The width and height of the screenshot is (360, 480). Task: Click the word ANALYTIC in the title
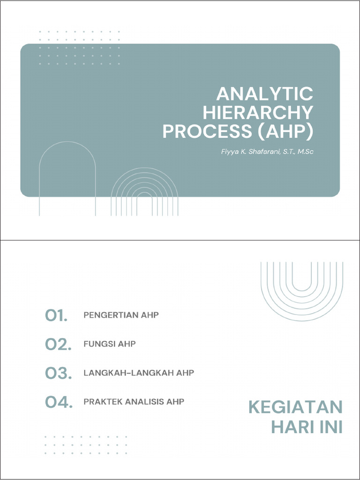click(x=264, y=94)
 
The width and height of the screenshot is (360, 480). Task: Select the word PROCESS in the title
click(x=207, y=132)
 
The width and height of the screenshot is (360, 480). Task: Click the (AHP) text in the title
click(x=285, y=132)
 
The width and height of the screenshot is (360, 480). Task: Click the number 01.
click(x=57, y=316)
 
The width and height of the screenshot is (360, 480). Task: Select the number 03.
click(x=58, y=374)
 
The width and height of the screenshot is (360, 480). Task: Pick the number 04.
click(x=59, y=402)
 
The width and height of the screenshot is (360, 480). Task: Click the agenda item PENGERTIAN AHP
click(x=121, y=315)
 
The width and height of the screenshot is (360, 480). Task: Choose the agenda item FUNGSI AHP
click(x=109, y=344)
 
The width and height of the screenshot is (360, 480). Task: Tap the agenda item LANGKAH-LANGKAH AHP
click(x=138, y=373)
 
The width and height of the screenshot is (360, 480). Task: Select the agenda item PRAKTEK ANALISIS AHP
click(x=134, y=402)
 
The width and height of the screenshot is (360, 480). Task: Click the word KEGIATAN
click(x=295, y=407)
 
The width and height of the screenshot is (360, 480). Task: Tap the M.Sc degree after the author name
click(x=303, y=151)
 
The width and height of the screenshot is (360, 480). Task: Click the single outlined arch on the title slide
click(x=67, y=178)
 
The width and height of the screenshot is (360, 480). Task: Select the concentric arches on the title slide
click(x=144, y=192)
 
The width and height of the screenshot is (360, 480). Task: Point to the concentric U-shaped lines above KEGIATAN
click(x=302, y=288)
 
